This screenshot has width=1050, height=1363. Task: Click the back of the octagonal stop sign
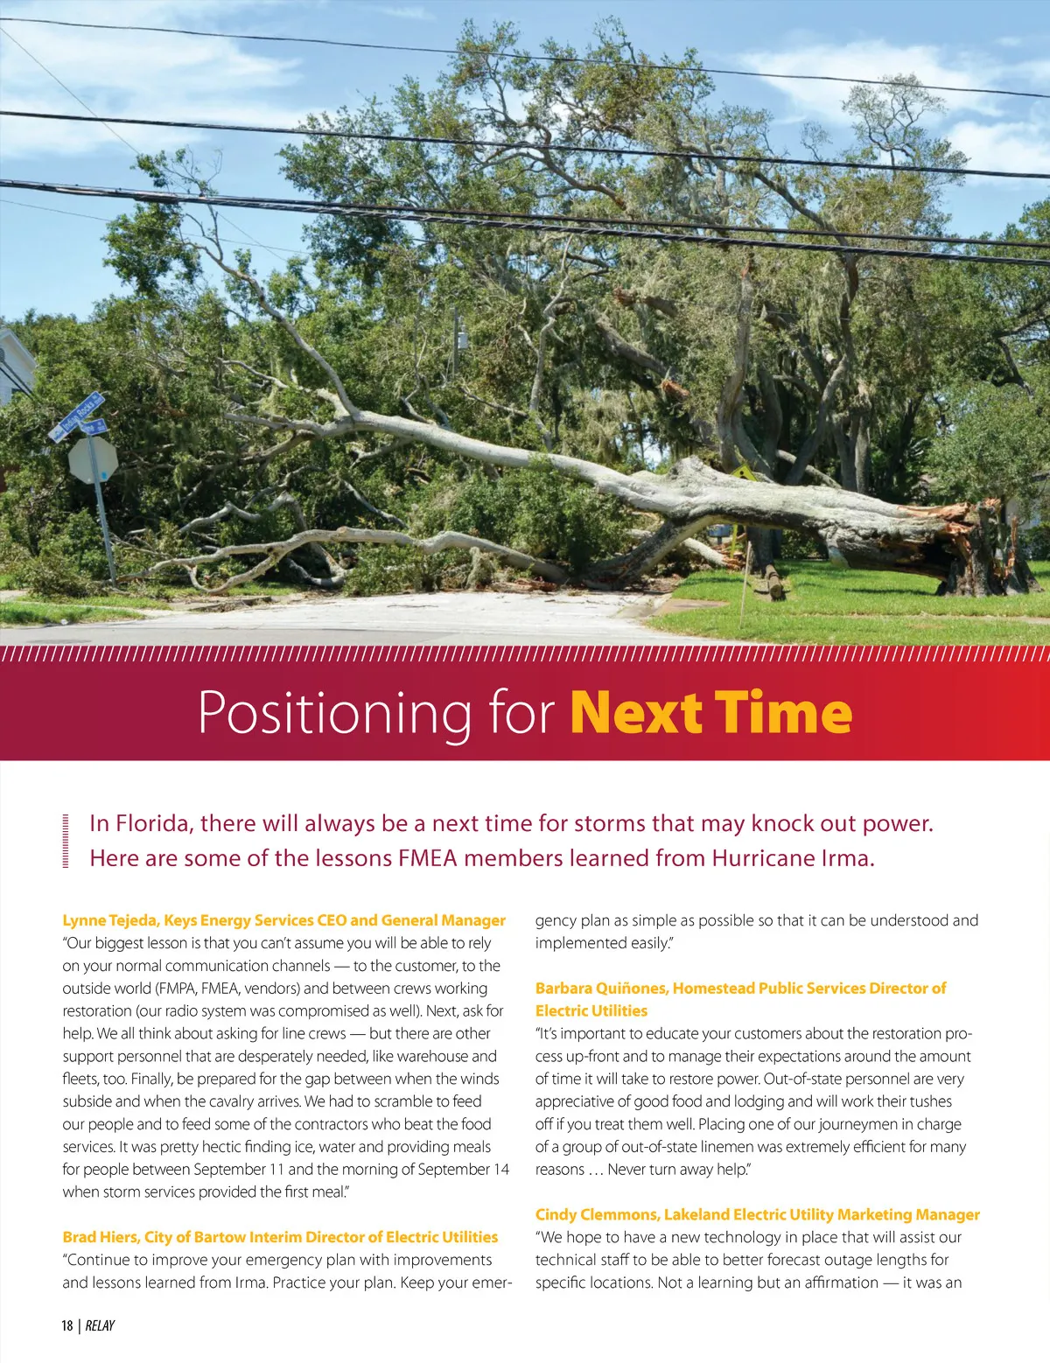[x=93, y=459]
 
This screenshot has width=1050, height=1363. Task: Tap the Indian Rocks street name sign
[x=77, y=416]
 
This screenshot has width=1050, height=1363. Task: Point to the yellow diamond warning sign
[x=744, y=473]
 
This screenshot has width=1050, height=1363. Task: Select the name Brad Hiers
[x=99, y=1237]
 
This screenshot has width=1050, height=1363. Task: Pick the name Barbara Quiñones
[x=600, y=988]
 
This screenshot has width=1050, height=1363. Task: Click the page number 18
[x=67, y=1325]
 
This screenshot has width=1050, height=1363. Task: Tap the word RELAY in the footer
[x=100, y=1325]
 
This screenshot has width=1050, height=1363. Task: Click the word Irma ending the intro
[x=848, y=858]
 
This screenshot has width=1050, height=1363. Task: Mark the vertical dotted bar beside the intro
[x=66, y=841]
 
